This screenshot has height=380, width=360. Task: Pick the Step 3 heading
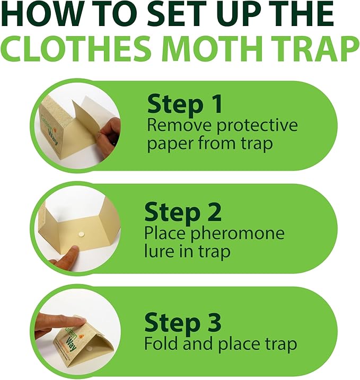click(185, 322)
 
